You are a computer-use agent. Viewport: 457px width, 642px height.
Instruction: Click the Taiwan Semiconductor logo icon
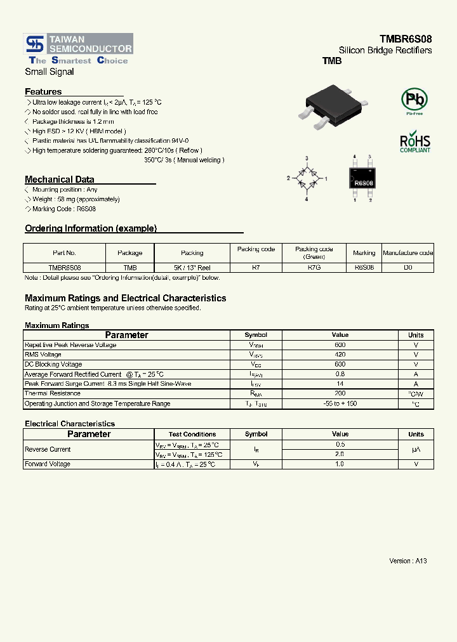(34, 44)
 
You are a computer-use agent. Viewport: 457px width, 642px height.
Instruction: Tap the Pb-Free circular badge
(414, 100)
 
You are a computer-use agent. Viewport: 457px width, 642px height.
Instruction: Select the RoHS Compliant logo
(414, 143)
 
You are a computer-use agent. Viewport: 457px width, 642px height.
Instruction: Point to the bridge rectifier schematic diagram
(307, 179)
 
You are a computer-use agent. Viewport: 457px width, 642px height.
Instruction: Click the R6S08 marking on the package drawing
(363, 183)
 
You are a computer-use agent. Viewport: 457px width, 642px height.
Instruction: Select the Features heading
(43, 91)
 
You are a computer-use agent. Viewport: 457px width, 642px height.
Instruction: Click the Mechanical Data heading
(59, 180)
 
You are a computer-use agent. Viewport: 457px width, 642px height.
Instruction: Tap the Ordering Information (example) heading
(90, 228)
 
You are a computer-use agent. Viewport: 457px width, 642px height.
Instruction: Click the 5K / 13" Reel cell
(192, 268)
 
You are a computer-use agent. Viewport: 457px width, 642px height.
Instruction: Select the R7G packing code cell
(314, 268)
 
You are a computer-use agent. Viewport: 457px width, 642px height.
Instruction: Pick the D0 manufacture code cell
(408, 268)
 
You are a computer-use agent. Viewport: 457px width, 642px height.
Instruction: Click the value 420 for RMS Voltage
(340, 355)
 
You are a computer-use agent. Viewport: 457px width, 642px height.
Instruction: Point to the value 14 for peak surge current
(340, 384)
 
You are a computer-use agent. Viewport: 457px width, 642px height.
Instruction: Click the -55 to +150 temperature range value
(340, 403)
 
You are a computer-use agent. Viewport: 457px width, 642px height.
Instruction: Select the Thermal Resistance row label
(52, 394)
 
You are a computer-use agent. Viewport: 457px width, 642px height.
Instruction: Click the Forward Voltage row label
(47, 464)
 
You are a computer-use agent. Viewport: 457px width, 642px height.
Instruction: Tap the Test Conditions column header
(192, 435)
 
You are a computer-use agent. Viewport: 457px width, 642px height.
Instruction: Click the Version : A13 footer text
(407, 561)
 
